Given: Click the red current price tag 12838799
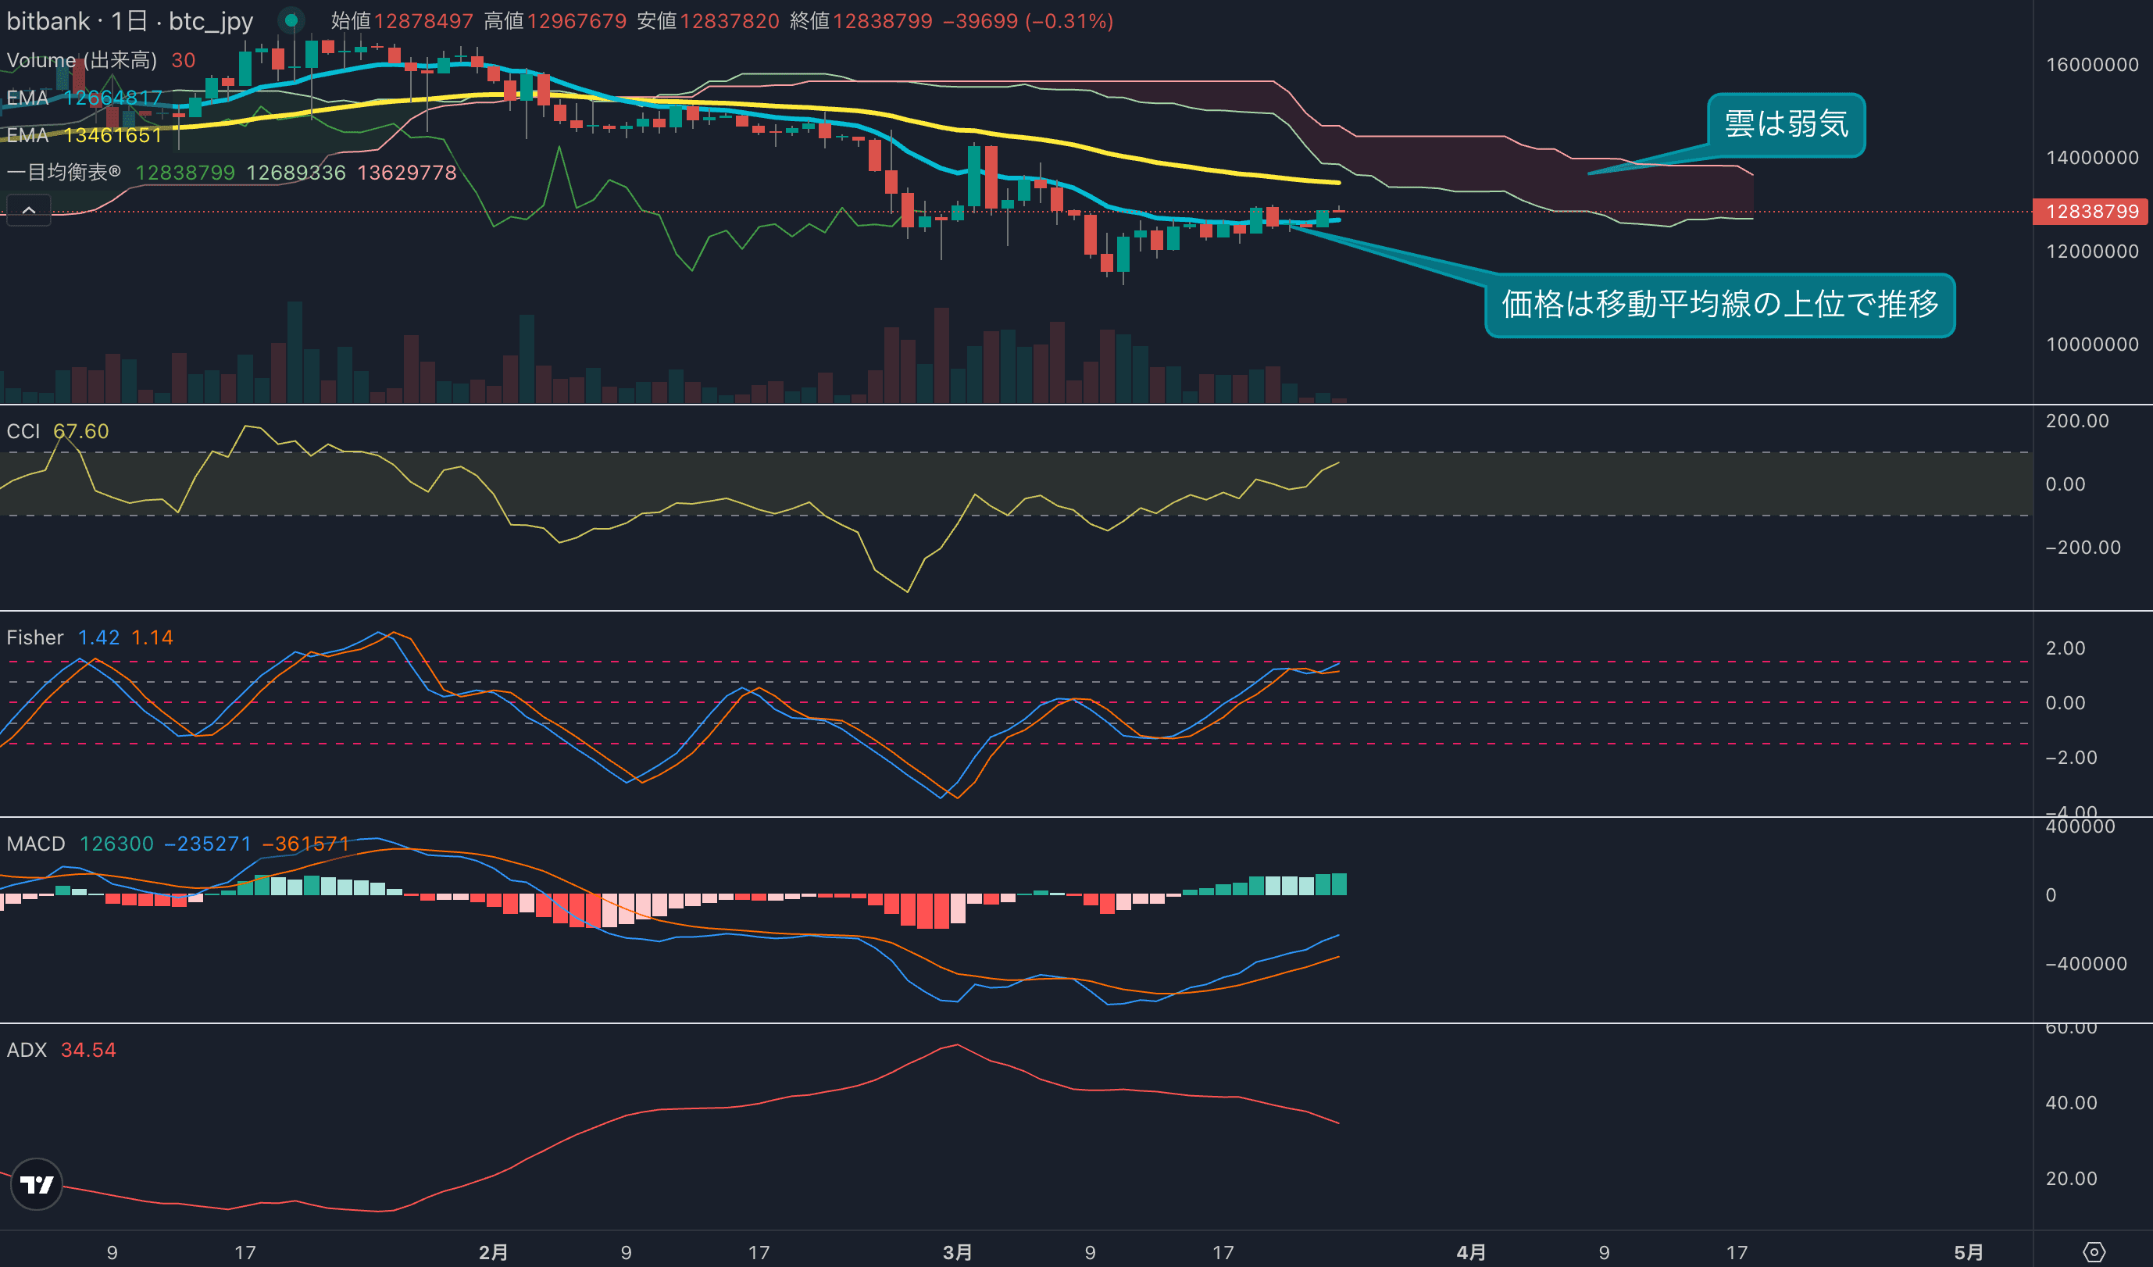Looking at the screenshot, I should (x=2091, y=211).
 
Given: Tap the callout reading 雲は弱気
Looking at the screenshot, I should (x=1786, y=125).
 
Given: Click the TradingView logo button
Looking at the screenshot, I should (x=37, y=1184).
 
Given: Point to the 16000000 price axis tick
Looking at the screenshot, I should (x=2091, y=65).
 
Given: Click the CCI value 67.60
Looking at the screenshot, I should (x=81, y=431).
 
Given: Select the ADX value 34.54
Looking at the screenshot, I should (x=88, y=1050).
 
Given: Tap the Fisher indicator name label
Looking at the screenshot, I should (x=35, y=637).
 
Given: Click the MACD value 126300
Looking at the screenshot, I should (x=116, y=844).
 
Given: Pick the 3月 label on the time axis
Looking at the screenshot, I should (x=957, y=1252).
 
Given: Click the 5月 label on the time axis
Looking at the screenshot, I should (x=1969, y=1252).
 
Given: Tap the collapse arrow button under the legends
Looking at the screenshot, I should (x=29, y=210).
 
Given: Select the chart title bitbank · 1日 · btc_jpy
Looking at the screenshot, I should (x=130, y=21).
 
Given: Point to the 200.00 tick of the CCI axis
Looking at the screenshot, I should (x=2077, y=421).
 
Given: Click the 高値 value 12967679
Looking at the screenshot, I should (x=577, y=21).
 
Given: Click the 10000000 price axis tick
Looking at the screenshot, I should (x=2091, y=344).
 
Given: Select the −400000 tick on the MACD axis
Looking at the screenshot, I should (x=2086, y=964).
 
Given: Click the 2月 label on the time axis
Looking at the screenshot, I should (x=493, y=1252).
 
